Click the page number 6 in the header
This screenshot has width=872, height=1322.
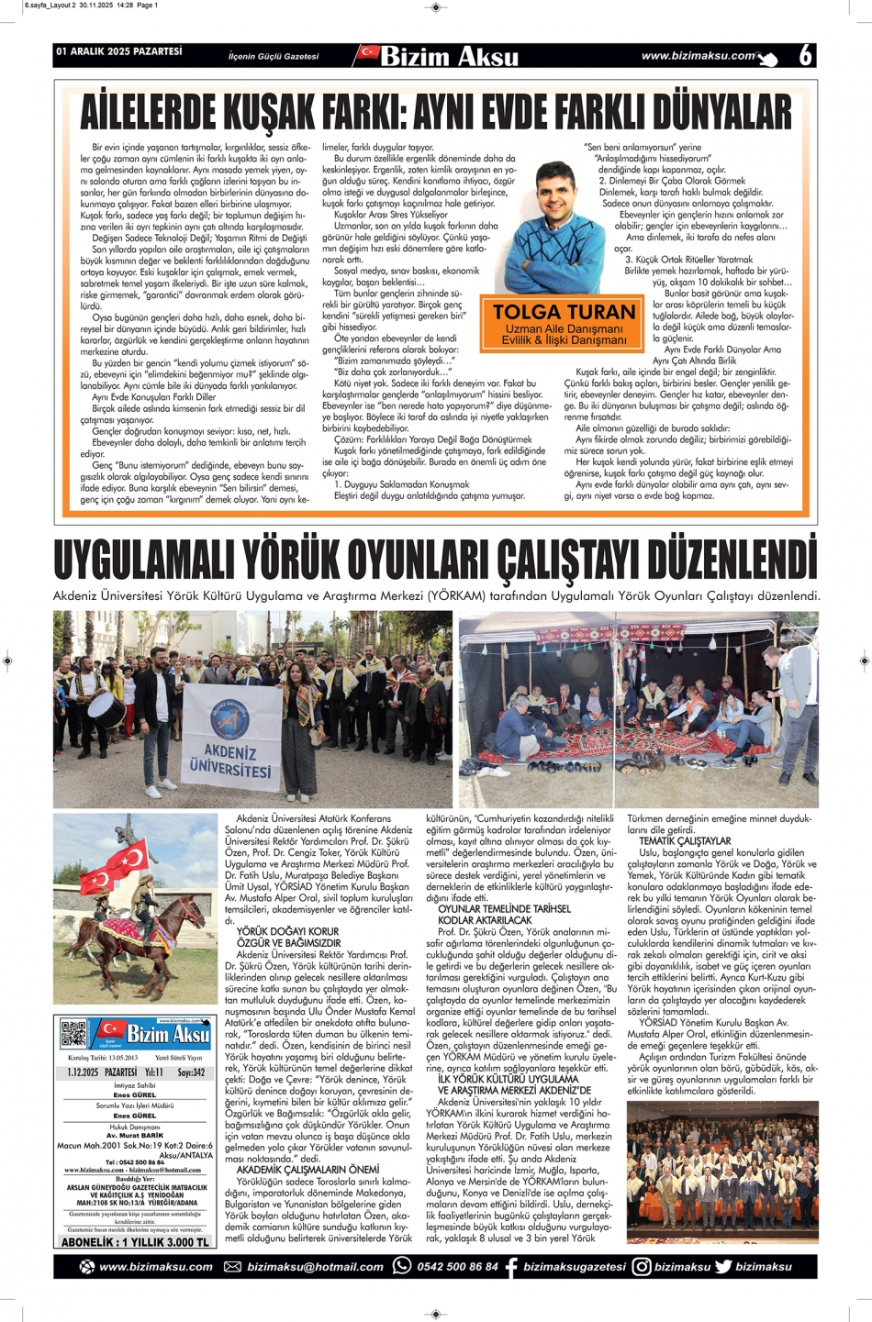805,55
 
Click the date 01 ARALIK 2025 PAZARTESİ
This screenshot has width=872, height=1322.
119,52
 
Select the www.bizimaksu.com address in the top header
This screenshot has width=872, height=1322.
698,56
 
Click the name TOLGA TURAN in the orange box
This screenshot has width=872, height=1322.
564,312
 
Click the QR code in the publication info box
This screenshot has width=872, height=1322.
73,1033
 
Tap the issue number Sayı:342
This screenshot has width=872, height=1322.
191,1072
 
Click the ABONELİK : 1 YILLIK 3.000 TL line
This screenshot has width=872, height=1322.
134,1242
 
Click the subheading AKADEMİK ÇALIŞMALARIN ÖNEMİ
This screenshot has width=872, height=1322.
307,1170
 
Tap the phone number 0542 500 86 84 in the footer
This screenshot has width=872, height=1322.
457,1267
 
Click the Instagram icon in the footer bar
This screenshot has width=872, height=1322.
642,1267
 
